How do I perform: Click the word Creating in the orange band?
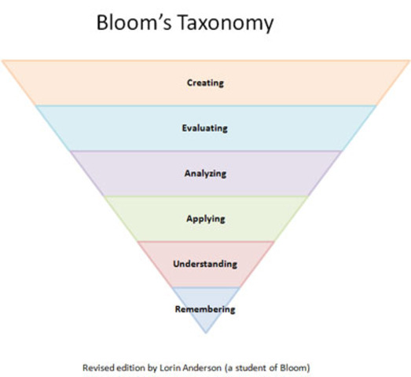tap(205, 82)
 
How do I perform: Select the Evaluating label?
tap(205, 128)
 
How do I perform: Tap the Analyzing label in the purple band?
tap(205, 173)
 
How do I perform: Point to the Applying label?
tap(205, 218)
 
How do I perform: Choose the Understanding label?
tap(205, 263)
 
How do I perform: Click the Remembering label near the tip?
tap(205, 309)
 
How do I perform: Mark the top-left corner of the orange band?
tap(2, 60)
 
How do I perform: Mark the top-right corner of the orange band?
tap(409, 60)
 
